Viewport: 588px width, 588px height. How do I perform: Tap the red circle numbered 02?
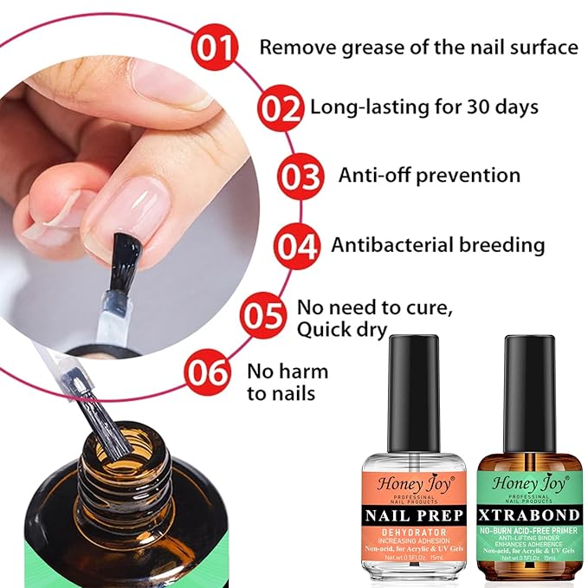pos(283,108)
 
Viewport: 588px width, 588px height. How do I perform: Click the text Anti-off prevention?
pos(430,176)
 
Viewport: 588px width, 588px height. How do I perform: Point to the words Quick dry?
pos(342,330)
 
